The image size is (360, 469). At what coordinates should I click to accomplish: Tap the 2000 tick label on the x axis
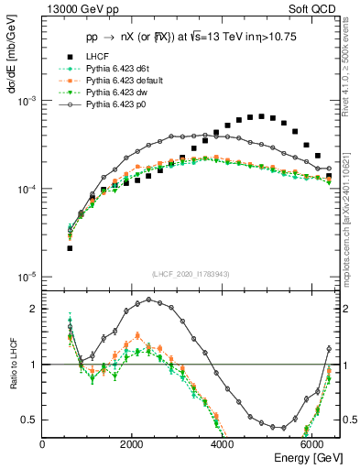[133, 444]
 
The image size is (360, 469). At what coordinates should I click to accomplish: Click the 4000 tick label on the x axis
[224, 444]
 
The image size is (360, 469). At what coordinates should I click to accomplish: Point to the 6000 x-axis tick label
[314, 444]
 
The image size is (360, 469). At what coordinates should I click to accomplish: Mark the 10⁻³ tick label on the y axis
[27, 101]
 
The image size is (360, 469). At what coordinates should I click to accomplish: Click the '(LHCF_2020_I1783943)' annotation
[191, 274]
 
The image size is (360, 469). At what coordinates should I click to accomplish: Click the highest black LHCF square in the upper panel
[261, 116]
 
